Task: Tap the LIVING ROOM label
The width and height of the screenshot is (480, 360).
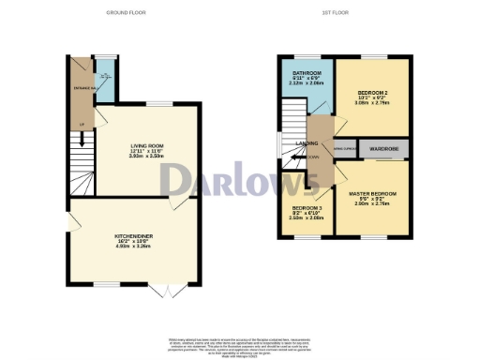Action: pyautogui.click(x=146, y=145)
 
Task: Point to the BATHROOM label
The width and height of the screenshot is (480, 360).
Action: pyautogui.click(x=307, y=73)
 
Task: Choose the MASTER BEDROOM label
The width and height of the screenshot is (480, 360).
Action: pyautogui.click(x=378, y=194)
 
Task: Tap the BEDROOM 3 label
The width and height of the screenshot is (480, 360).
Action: pyautogui.click(x=306, y=207)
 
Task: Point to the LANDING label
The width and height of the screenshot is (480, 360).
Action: pyautogui.click(x=307, y=143)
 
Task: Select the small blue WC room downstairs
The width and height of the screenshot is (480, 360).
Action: pyautogui.click(x=105, y=81)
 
